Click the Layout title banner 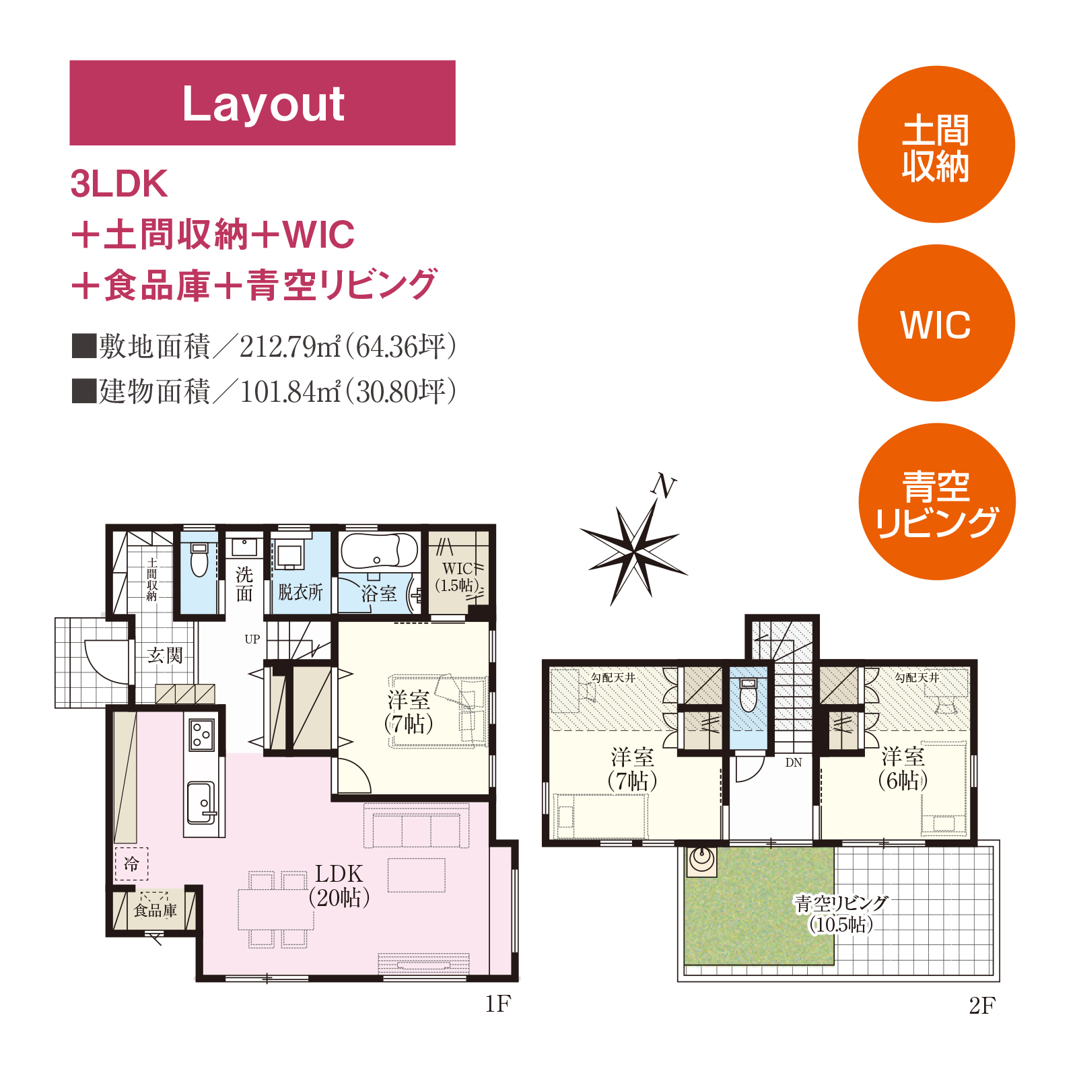coord(263,103)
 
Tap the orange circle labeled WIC coord(936,323)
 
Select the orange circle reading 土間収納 coord(936,144)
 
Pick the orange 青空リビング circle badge coord(936,501)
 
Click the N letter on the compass coord(664,485)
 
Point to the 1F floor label coord(498,1004)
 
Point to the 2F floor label coord(982,1006)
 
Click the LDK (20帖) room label coord(339,885)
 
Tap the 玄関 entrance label coord(165,655)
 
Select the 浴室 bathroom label coord(379,593)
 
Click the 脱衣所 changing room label coord(300,592)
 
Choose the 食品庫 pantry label coord(155,910)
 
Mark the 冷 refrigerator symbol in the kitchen coord(131,863)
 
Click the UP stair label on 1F coord(252,639)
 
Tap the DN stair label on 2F coord(794,763)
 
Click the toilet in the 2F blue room coord(748,695)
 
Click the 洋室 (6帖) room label coord(903,768)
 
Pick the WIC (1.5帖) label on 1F coord(458,577)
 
